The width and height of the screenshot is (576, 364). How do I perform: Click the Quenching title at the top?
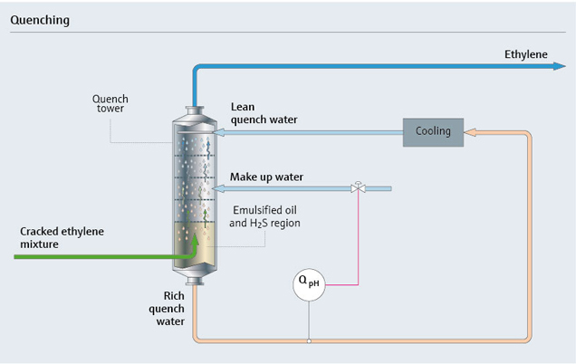[x=39, y=19]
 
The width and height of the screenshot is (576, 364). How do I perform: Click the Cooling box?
[x=432, y=131]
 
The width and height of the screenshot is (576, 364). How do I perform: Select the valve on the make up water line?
[x=358, y=188]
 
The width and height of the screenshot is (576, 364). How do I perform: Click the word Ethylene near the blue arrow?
[x=526, y=54]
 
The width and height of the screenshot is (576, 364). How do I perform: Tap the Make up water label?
[x=266, y=176]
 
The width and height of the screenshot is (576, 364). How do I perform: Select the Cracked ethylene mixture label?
[x=62, y=237]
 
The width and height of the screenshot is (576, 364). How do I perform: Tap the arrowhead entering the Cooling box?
[x=470, y=132]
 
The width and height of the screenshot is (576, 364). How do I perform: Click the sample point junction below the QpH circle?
[x=309, y=341]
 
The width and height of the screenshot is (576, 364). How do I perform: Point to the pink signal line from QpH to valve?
[x=358, y=244]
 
